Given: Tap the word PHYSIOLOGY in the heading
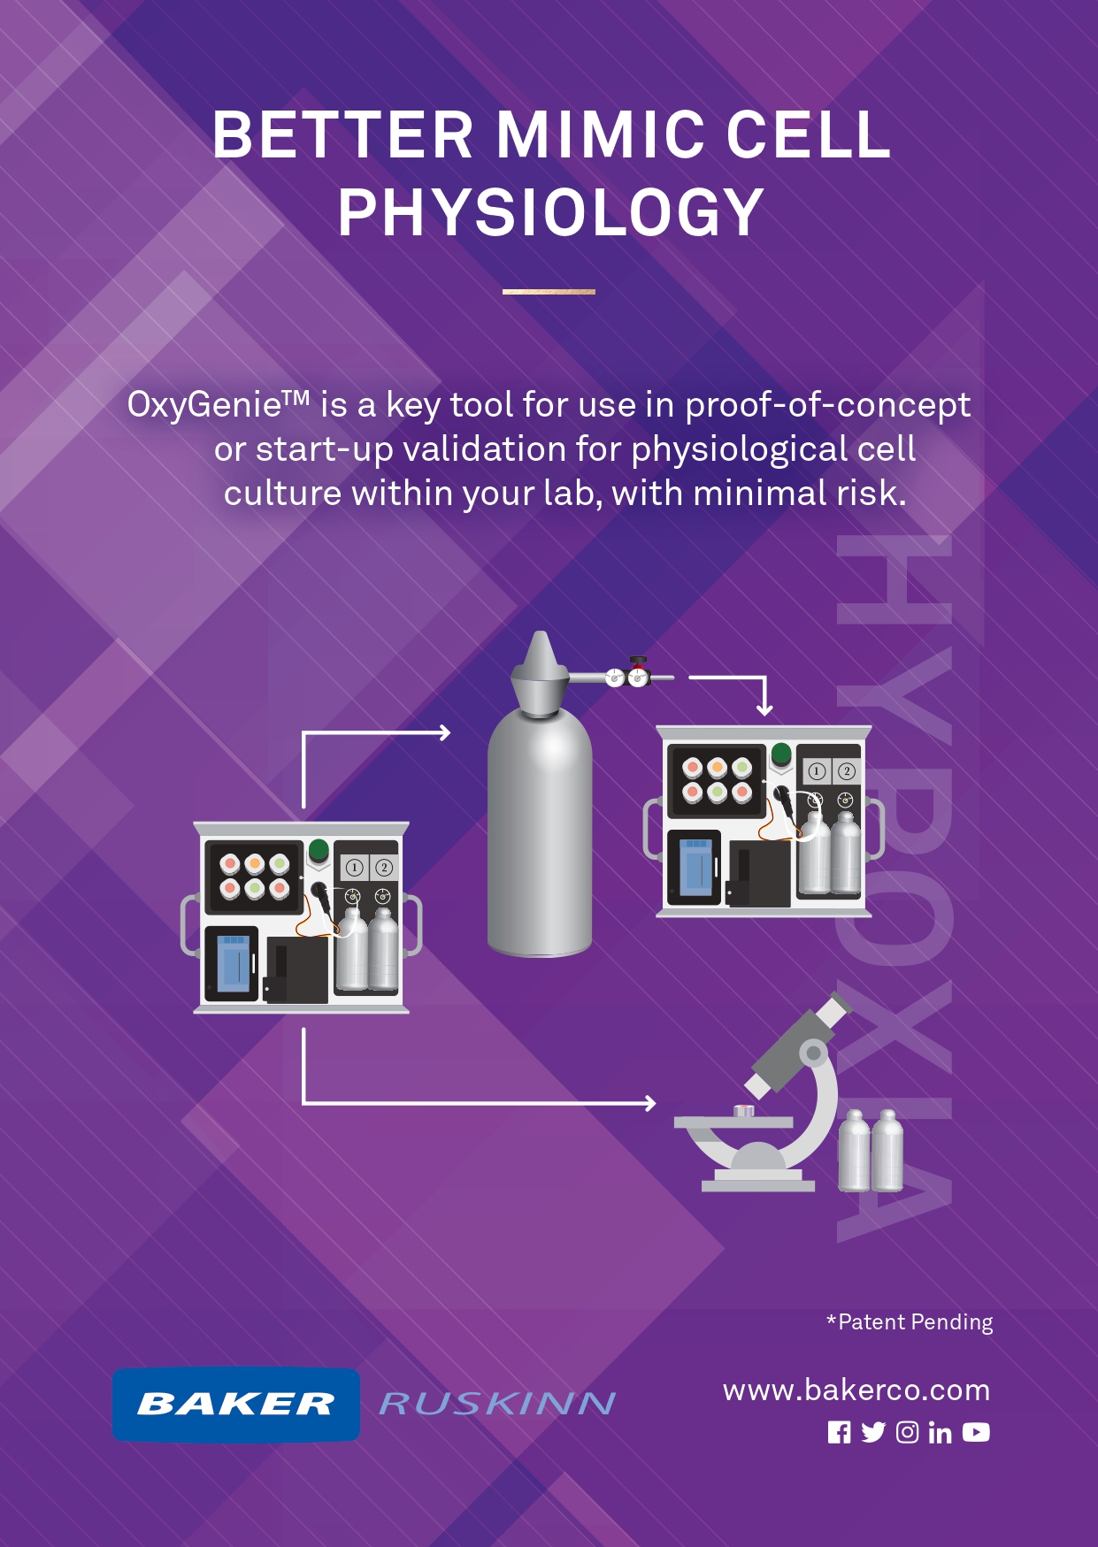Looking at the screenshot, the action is pos(550,212).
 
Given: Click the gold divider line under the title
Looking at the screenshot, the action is pos(549,291).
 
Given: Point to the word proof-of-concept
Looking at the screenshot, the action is pos(827,405).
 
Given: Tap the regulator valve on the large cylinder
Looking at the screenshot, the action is pos(626,674).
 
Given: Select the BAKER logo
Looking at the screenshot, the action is pos(236,1404).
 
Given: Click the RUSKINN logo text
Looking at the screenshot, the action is pos(497,1404).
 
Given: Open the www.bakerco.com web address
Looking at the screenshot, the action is pos(856,1390).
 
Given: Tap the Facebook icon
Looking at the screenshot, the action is pos(839,1432).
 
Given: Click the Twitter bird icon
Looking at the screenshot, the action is pos(873,1432).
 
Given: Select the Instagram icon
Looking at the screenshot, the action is pos(907,1432).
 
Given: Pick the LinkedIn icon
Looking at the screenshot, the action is pos(940,1432).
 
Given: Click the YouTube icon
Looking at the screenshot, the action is pos(976,1432).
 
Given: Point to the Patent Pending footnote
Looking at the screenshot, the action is pos(910,1322).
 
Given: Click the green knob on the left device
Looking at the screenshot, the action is pos(319,851).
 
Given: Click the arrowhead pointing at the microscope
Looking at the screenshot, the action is pos(650,1103).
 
